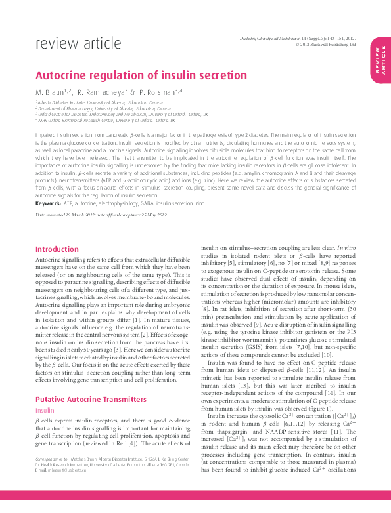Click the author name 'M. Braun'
click(x=53, y=92)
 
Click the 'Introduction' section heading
click(x=57, y=249)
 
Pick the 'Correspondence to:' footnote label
click(x=52, y=462)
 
